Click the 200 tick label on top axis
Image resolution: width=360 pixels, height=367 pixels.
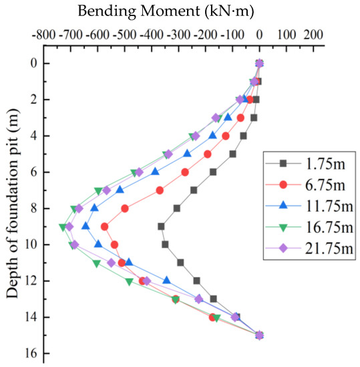coord(314,33)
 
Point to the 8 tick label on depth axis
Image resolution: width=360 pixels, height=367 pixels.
coord(28,208)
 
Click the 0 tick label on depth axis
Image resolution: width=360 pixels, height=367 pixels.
coord(28,63)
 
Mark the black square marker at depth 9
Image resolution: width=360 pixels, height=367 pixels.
coord(161,226)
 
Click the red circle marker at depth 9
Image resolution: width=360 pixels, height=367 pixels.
coord(105,226)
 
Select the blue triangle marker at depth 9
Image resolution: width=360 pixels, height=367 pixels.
coord(85,226)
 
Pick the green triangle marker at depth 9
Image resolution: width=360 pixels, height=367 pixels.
coord(63,227)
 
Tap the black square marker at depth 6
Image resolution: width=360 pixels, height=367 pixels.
coord(213,171)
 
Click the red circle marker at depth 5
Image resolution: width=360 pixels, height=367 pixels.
coord(208,153)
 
